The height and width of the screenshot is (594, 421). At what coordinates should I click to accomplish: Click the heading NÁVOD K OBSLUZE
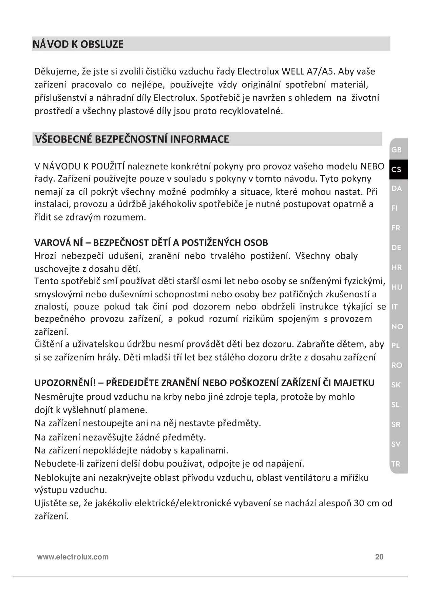point(78,44)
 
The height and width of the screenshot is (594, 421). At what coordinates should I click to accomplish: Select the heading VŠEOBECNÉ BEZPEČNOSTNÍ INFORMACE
point(132,139)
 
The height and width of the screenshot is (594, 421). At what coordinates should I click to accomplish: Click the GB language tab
point(396,150)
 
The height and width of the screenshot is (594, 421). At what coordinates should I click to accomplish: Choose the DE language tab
point(396,248)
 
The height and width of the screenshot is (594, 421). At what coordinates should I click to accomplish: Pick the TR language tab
point(396,464)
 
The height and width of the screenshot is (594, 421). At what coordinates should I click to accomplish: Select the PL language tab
point(396,346)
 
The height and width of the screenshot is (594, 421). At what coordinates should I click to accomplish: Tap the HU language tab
point(397,287)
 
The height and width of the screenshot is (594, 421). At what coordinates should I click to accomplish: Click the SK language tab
point(396,385)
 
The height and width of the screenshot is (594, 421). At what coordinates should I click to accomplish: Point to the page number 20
point(379,557)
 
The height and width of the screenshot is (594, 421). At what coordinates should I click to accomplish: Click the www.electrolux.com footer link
point(73,557)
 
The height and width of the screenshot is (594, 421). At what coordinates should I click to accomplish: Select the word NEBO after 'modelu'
point(372,166)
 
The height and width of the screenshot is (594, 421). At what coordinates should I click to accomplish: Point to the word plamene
point(128,410)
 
